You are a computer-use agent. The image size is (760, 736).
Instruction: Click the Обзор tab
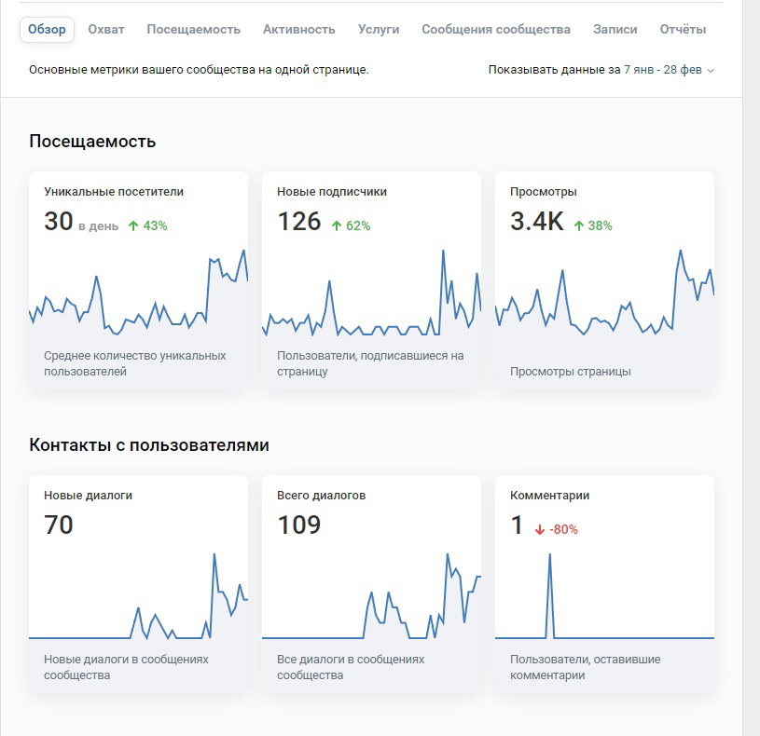47,30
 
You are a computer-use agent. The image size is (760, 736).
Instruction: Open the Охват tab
106,30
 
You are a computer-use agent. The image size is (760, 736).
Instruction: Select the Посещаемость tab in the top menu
193,30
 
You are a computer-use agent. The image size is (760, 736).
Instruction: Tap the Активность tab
299,30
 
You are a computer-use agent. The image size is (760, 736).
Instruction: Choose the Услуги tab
379,30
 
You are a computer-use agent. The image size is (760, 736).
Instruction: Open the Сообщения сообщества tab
496,30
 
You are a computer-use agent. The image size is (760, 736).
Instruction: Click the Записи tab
615,30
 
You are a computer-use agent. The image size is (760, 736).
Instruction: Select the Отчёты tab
683,30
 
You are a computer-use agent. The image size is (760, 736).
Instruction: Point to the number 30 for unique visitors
59,222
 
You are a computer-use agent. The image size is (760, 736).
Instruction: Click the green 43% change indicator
148,225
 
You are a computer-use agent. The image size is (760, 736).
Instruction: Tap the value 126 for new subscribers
299,222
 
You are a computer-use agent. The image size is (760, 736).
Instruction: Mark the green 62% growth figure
351,225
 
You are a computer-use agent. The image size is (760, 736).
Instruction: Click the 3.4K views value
536,222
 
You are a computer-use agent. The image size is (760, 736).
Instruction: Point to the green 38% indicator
593,225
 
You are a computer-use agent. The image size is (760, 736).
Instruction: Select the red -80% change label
557,529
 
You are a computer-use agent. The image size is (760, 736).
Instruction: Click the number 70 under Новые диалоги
59,525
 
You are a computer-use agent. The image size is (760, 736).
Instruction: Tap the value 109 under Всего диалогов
299,525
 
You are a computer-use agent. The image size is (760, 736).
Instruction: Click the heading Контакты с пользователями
149,444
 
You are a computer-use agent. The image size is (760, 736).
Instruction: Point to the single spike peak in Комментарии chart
549,554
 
